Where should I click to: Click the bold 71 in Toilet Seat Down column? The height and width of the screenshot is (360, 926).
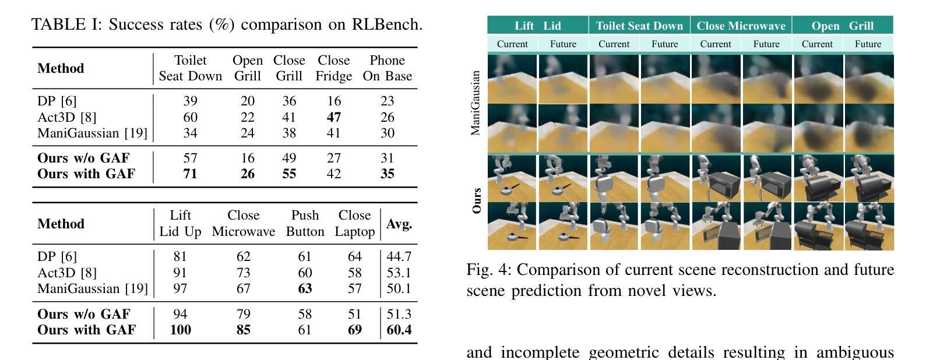coord(190,174)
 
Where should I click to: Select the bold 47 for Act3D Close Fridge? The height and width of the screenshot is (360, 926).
coord(333,117)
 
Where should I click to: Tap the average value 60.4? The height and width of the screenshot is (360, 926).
coord(399,330)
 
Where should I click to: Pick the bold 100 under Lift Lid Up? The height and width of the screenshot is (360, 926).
coord(180,330)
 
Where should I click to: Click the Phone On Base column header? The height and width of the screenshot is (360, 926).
coord(387,68)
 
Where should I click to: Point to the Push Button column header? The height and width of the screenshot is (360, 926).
coord(305,224)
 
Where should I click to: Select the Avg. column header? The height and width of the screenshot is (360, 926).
coord(399,224)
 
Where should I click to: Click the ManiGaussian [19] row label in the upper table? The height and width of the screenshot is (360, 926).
coord(92,133)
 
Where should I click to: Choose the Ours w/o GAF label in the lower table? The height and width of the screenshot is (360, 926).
coord(84,314)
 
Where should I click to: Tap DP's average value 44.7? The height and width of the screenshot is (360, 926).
coord(399,256)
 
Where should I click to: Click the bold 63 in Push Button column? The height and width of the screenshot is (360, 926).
coord(305,288)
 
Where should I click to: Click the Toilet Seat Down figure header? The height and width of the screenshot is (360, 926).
coord(639,26)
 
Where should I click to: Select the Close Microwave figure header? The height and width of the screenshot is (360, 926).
coord(741,26)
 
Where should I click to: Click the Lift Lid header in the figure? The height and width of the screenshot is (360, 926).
coord(538,26)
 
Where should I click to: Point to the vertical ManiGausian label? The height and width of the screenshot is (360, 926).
coord(476,103)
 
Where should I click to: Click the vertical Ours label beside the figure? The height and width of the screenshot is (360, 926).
coord(477,200)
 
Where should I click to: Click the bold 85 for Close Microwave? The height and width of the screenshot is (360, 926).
coord(243,330)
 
